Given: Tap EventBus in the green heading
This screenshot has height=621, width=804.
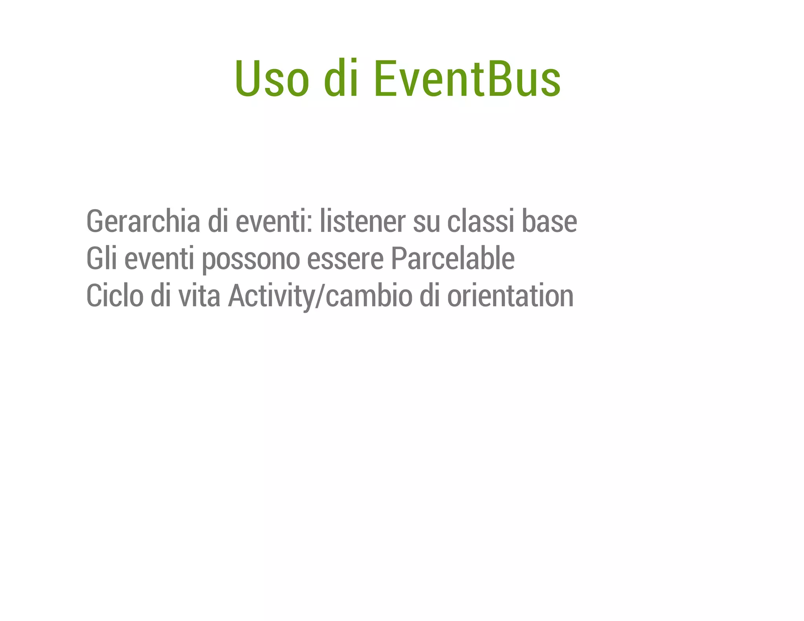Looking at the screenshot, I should point(467,79).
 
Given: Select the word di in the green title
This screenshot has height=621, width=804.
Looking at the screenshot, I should point(341,79).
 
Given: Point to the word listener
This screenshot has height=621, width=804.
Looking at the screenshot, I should point(362,221).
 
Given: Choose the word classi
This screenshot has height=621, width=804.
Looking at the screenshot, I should point(480,221).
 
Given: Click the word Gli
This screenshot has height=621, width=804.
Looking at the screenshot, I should point(102,258).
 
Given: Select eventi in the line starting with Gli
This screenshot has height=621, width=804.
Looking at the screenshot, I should point(159,258).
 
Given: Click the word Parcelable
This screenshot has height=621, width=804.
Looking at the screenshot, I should point(453,258).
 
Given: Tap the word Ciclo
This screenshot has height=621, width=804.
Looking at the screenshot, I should point(115,296).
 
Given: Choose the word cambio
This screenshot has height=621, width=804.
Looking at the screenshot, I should point(369,296).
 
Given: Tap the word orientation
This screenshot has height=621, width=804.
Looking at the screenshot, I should point(510,296).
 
